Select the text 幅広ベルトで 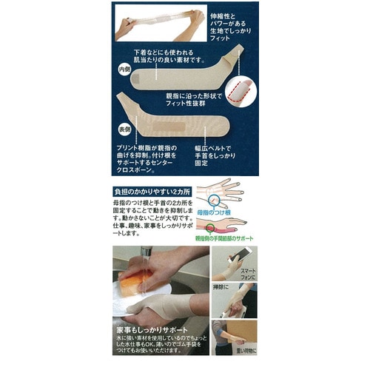(x=217, y=147)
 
